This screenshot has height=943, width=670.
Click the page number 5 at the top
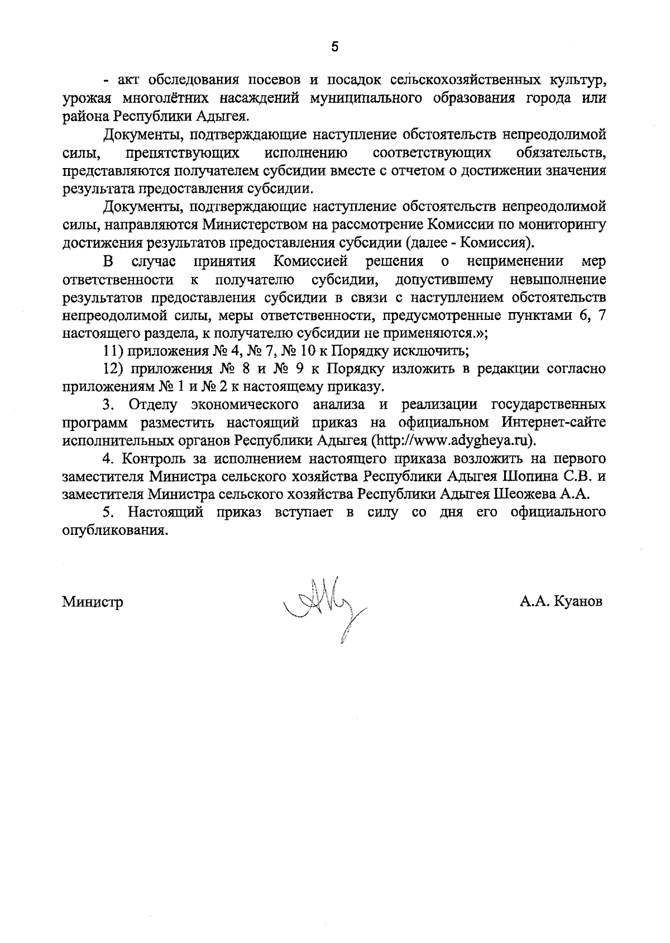pyautogui.click(x=334, y=47)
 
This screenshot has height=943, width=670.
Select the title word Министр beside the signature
pyautogui.click(x=93, y=602)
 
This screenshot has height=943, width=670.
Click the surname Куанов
pyautogui.click(x=578, y=602)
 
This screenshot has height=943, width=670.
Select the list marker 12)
pyautogui.click(x=113, y=370)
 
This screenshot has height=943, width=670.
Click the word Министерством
pyautogui.click(x=255, y=225)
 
